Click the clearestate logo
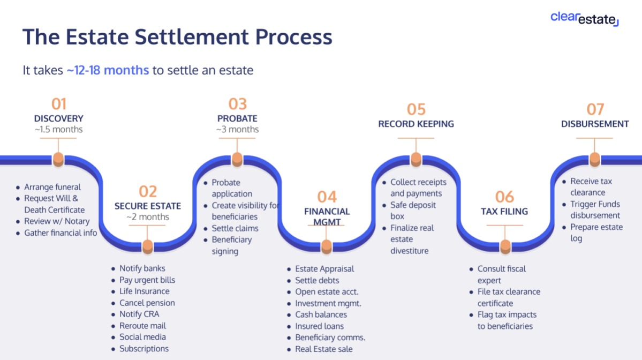[584, 19]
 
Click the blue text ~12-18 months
[108, 70]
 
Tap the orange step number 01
[58, 104]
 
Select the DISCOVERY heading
[58, 118]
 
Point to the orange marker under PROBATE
[237, 159]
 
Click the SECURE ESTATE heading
[147, 206]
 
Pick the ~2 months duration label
[147, 217]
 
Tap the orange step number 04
[327, 197]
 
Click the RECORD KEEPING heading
[416, 124]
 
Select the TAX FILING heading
[504, 211]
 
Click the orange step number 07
[595, 109]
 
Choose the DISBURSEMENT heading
[595, 124]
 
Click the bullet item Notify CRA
[139, 314]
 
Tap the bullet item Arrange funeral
[52, 187]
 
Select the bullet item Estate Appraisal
[324, 269]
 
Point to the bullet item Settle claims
[235, 228]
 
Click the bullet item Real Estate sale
[323, 349]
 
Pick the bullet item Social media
[142, 337]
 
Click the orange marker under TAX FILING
[505, 246]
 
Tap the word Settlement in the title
[192, 36]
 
